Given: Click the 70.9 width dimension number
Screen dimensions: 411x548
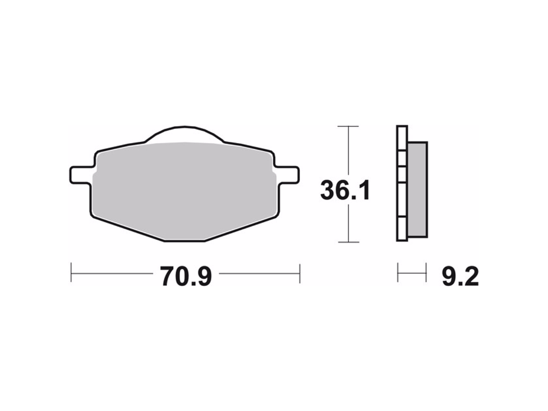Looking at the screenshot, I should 186,276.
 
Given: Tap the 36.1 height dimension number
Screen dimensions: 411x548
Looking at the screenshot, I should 345,191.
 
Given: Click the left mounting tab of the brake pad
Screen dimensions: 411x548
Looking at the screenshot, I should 81,174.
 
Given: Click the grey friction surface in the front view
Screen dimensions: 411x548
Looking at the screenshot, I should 185,190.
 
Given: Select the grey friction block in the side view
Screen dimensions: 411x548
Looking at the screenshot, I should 417,189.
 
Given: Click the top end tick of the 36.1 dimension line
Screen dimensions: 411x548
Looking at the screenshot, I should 348,126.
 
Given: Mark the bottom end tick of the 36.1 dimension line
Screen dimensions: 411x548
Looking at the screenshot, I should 348,242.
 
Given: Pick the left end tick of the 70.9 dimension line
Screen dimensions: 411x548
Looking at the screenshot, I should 71,273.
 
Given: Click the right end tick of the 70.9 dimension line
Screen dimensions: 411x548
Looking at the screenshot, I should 299,273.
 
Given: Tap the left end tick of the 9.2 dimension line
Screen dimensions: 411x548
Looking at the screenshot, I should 398,273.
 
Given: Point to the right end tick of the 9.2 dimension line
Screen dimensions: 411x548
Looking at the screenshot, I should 426,273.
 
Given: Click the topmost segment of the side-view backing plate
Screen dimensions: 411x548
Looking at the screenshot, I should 402,138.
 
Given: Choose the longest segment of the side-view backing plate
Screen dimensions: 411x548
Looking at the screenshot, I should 402,200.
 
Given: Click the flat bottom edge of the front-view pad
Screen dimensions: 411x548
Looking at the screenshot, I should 185,241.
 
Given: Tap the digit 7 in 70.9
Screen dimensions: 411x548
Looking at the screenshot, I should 168,276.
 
